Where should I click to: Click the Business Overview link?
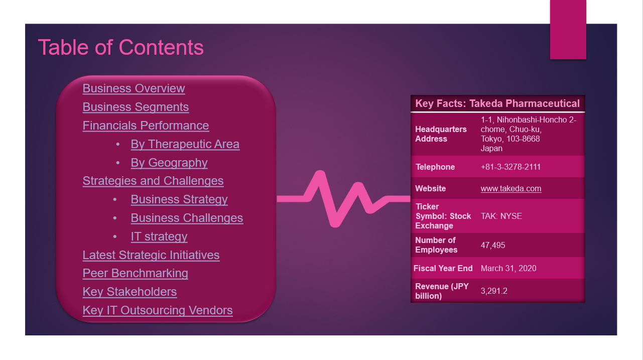(134, 88)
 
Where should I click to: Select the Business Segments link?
(136, 107)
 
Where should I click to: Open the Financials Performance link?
(146, 126)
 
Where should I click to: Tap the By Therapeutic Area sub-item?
(185, 144)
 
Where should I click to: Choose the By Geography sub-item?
(169, 163)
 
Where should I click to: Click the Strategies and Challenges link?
(153, 181)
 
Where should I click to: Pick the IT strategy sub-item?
(159, 236)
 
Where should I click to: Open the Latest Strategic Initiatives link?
(151, 255)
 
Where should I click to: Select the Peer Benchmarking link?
(135, 273)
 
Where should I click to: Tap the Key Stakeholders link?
(130, 292)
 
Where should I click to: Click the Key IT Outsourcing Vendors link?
(158, 310)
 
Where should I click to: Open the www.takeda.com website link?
(511, 189)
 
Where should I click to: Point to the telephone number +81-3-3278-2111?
(510, 167)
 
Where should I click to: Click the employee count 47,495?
(493, 245)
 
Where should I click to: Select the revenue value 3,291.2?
(494, 291)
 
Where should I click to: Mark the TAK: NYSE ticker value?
(501, 216)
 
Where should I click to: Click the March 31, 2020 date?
(508, 268)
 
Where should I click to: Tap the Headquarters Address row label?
(441, 134)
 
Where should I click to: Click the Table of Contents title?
(121, 47)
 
